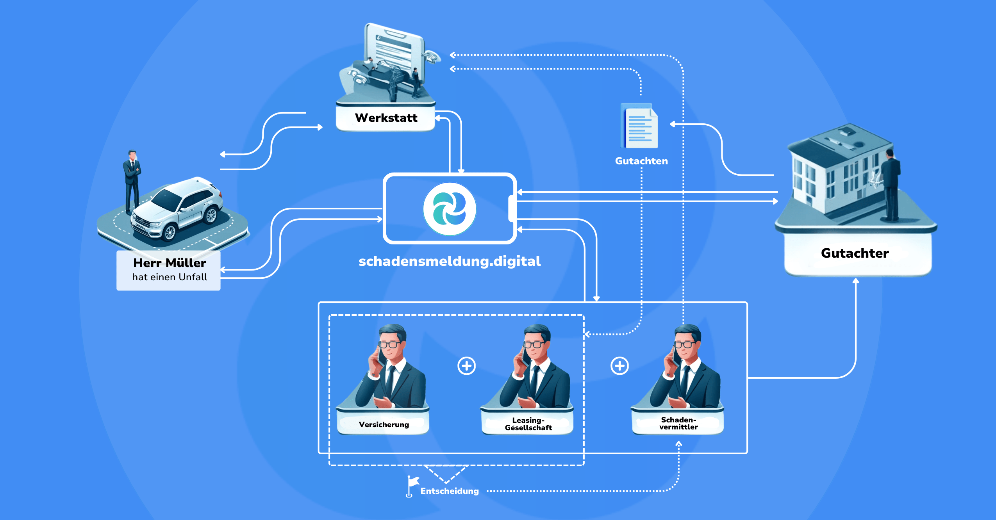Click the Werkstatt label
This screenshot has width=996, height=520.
pos(386,118)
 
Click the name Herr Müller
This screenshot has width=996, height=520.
pos(170,263)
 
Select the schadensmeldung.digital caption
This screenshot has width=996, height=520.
pos(450,261)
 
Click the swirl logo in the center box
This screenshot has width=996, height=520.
pos(450,209)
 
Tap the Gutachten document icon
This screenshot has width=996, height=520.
pos(639,126)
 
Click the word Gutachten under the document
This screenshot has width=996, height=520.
pos(641,161)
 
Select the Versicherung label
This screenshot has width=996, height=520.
pos(384,425)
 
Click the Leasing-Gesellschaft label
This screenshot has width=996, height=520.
pos(528,424)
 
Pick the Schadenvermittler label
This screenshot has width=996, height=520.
pos(678,424)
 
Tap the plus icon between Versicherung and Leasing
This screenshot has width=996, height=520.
pos(466,366)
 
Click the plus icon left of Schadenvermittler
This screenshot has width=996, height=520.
pos(619,366)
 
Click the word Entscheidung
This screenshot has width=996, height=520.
pos(450,491)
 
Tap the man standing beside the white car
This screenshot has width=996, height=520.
pos(132,182)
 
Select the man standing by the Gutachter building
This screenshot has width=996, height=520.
pos(891,185)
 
